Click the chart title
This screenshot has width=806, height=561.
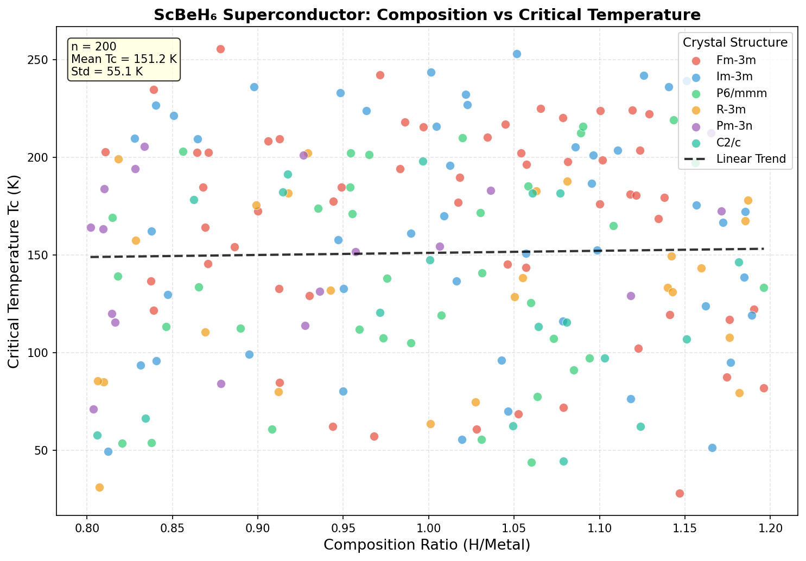click(x=427, y=15)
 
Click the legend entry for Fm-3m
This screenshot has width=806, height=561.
click(x=735, y=60)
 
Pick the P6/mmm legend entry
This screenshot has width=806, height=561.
click(x=741, y=93)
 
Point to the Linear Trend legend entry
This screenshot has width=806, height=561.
click(x=751, y=159)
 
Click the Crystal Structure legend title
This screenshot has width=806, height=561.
click(x=735, y=42)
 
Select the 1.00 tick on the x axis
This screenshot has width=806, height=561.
click(x=428, y=528)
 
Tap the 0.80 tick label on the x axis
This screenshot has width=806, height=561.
click(x=86, y=528)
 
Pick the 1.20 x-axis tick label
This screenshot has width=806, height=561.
click(x=770, y=528)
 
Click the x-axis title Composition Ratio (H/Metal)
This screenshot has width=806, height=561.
click(x=427, y=545)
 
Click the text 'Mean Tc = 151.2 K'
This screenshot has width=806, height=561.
click(x=124, y=59)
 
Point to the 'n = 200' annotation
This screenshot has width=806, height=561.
click(x=94, y=47)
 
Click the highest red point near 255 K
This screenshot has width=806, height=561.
click(x=220, y=49)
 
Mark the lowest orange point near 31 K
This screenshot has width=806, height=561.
click(x=99, y=487)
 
